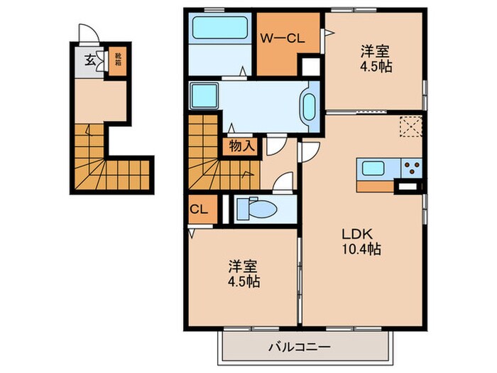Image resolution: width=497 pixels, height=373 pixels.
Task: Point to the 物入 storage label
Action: pos(240,146)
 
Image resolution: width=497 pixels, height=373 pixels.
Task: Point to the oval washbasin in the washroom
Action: pos(310,107)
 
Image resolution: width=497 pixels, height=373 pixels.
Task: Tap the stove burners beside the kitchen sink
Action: pos(412,169)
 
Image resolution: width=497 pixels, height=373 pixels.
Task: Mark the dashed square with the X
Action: pos(410,128)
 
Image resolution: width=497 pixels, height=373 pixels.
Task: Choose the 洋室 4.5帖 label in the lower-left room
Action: pos(243,274)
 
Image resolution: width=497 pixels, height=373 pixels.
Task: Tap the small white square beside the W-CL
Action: pos(311,67)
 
